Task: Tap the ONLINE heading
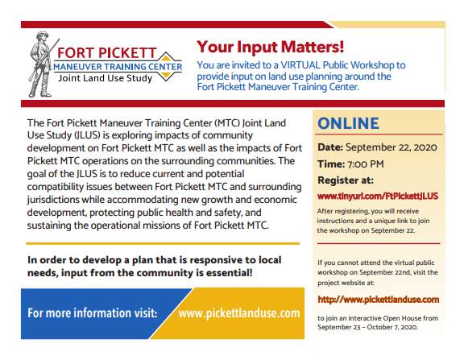(348, 123)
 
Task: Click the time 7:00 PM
(367, 163)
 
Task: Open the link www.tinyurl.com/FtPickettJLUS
(377, 196)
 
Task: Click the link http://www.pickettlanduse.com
(379, 299)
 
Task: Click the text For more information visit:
(93, 312)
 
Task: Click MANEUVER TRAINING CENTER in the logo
(121, 67)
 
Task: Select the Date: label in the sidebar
(330, 148)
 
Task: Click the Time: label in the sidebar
(331, 163)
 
